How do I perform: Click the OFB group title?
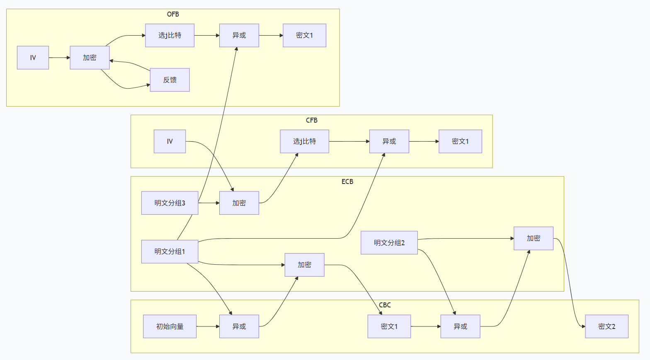[173, 14]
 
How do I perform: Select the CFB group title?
[312, 121]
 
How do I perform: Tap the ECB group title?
[347, 181]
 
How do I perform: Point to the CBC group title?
[385, 305]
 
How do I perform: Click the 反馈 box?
[170, 80]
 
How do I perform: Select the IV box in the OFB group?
[33, 58]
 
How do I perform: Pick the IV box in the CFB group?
[170, 141]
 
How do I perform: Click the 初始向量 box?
[170, 326]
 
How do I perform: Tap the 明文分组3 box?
[170, 203]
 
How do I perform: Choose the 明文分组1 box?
[170, 251]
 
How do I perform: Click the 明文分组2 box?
[389, 242]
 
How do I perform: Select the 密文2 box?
[607, 326]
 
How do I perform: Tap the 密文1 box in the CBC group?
[389, 326]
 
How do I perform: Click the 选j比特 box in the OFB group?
[170, 35]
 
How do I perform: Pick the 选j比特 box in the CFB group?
[304, 141]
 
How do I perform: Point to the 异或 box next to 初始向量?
[239, 326]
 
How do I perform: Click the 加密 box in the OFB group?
[90, 58]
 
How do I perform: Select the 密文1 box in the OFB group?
[304, 35]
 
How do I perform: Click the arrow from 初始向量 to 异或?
[208, 326]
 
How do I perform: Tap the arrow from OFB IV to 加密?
[60, 58]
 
